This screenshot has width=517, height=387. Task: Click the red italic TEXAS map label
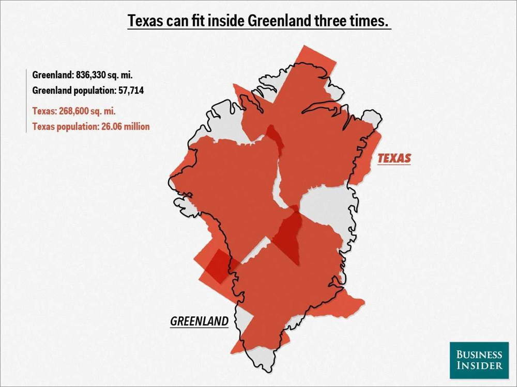[394, 158]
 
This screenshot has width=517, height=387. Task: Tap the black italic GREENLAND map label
[199, 321]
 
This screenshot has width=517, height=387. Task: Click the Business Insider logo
[479, 360]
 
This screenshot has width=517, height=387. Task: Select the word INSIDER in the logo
[479, 365]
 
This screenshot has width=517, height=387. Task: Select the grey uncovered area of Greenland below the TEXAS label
[326, 206]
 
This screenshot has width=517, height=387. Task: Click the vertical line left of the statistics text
[26, 101]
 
